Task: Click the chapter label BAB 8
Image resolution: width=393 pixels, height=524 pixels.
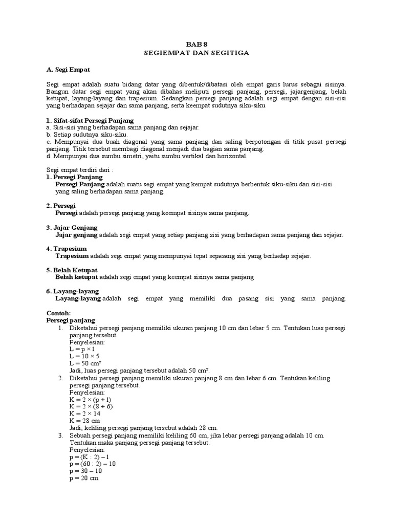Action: point(196,44)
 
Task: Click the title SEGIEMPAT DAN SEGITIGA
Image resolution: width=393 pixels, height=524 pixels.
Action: point(196,53)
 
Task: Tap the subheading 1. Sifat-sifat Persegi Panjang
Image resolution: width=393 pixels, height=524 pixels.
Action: point(90,120)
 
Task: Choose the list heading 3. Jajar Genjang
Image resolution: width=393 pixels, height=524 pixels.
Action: point(72,227)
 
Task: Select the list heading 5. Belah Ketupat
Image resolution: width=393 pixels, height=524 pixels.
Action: point(72,270)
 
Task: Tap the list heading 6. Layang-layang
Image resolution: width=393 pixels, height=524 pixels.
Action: point(73,291)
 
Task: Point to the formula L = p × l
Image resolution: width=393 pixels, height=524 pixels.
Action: point(81,348)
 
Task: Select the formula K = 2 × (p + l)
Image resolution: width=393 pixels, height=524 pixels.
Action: point(90,399)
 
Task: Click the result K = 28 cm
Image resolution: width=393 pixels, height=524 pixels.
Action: point(86,420)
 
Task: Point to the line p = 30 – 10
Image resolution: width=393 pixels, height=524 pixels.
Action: point(87,471)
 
